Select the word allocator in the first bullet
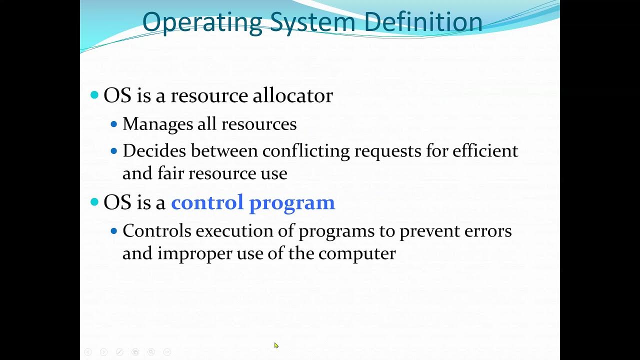292,95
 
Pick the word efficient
485,150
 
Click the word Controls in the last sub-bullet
157,231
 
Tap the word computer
357,254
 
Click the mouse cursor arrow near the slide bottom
276,345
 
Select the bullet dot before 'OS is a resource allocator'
94,95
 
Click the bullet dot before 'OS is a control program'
94,202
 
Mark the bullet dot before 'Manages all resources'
114,124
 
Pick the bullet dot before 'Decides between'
114,150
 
